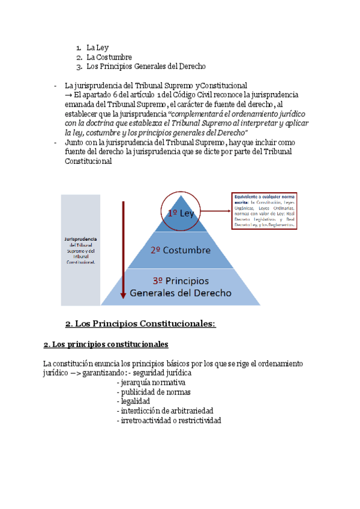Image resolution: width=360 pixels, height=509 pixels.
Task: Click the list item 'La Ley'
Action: (97, 47)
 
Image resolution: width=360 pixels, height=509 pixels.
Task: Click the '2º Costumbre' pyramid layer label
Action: (181, 250)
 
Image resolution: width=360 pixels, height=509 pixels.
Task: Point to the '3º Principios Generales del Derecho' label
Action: (181, 287)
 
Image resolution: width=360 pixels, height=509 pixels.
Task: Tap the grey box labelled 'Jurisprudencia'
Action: (80, 250)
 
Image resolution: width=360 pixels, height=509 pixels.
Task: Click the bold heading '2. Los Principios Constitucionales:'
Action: (140, 324)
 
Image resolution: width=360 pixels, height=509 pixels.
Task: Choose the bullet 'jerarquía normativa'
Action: (152, 382)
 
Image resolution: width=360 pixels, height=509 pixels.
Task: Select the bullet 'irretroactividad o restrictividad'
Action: (170, 420)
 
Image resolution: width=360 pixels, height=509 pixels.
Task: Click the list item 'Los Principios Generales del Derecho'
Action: (146, 67)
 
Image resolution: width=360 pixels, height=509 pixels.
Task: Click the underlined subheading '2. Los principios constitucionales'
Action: (106, 345)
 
